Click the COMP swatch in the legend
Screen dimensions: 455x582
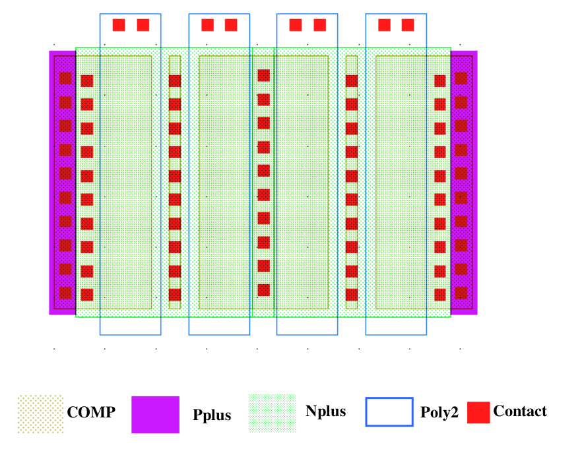click(40, 414)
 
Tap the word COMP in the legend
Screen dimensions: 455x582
click(91, 413)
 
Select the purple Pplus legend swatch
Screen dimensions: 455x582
click(155, 415)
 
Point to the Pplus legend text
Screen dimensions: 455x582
click(212, 415)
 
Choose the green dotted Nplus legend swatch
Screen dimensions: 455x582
click(271, 413)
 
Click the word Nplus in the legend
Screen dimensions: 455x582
click(325, 411)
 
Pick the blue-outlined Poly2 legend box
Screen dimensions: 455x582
click(389, 412)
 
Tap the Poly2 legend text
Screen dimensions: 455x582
click(438, 413)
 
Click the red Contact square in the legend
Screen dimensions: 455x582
click(478, 412)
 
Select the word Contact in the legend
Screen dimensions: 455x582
click(520, 411)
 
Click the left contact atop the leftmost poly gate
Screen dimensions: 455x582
click(119, 25)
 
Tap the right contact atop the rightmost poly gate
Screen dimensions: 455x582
click(408, 25)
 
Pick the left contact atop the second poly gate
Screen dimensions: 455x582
click(207, 25)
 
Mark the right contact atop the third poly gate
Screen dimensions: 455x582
click(320, 25)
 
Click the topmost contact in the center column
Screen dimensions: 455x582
click(264, 76)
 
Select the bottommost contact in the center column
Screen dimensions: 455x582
click(264, 289)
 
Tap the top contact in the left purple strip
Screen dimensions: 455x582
click(65, 78)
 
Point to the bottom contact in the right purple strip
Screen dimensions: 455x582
click(461, 293)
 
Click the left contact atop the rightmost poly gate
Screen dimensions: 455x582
click(384, 25)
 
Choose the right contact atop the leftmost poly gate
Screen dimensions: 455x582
click(143, 25)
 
